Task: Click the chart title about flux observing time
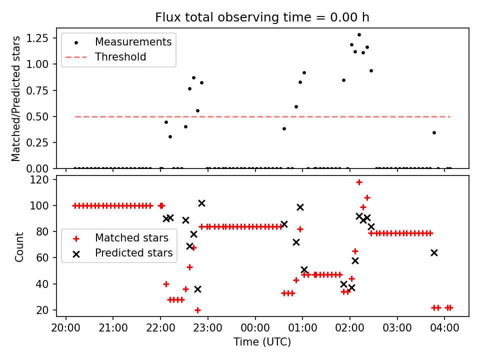coord(262,17)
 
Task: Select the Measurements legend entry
coord(133,41)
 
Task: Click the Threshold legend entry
coord(120,57)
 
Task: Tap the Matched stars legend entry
coord(132,237)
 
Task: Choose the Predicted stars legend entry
coord(134,253)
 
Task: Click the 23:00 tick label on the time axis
coord(207,328)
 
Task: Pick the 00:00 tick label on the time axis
coord(255,328)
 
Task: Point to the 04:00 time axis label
coord(444,328)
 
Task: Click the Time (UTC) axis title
coord(262,342)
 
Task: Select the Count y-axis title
coord(19,246)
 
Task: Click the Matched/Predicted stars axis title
coord(16,98)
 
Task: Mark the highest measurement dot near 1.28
coord(359,35)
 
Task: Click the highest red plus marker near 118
coord(359,182)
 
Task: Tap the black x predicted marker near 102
coord(201,203)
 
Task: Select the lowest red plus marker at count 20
coord(197,310)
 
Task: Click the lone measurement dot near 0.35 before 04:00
coord(434,132)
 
